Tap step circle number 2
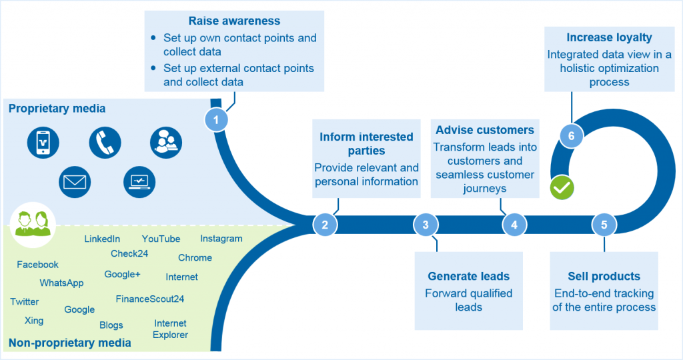[x=325, y=225]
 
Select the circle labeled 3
[x=426, y=225]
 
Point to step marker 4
[x=514, y=225]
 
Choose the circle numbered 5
[x=604, y=225]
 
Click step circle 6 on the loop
[x=571, y=136]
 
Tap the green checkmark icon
[x=562, y=188]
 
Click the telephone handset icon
[x=105, y=142]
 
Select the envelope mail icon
[x=74, y=181]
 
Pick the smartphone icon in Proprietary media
[x=43, y=142]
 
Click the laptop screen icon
[x=140, y=181]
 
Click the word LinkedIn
[x=102, y=239]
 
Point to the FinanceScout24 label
[x=149, y=299]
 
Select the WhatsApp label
[x=61, y=283]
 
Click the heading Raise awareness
[x=234, y=21]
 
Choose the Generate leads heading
[x=468, y=276]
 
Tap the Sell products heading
[x=604, y=276]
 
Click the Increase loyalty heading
[x=609, y=38]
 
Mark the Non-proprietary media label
[x=69, y=343]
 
